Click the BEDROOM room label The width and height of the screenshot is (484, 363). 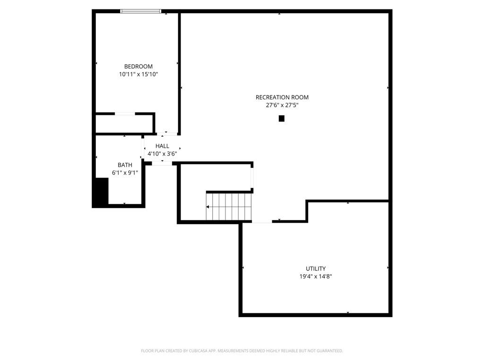pyautogui.click(x=138, y=67)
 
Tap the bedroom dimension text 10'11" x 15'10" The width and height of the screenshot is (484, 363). pyautogui.click(x=138, y=74)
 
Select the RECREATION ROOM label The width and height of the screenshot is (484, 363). pyautogui.click(x=282, y=97)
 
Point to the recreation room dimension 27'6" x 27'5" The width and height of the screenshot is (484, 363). pyautogui.click(x=282, y=105)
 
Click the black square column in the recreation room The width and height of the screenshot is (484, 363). pyautogui.click(x=282, y=119)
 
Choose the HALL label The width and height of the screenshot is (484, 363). pyautogui.click(x=162, y=146)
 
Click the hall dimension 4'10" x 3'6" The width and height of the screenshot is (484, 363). pyautogui.click(x=162, y=154)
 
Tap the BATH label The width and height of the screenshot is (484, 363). pyautogui.click(x=125, y=165)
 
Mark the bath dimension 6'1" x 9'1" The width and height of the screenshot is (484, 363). pyautogui.click(x=125, y=173)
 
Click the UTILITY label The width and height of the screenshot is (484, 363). pyautogui.click(x=315, y=269)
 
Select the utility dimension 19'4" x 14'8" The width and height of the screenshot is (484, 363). pyautogui.click(x=315, y=277)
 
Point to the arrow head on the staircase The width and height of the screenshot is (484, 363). pyautogui.click(x=208, y=207)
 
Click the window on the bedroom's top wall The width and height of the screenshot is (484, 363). pyautogui.click(x=141, y=11)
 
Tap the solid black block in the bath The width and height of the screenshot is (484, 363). pyautogui.click(x=101, y=191)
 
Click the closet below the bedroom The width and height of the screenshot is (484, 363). pyautogui.click(x=124, y=124)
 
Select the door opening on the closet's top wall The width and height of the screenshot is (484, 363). pyautogui.click(x=125, y=113)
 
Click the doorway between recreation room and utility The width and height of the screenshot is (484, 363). pyautogui.click(x=262, y=221)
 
